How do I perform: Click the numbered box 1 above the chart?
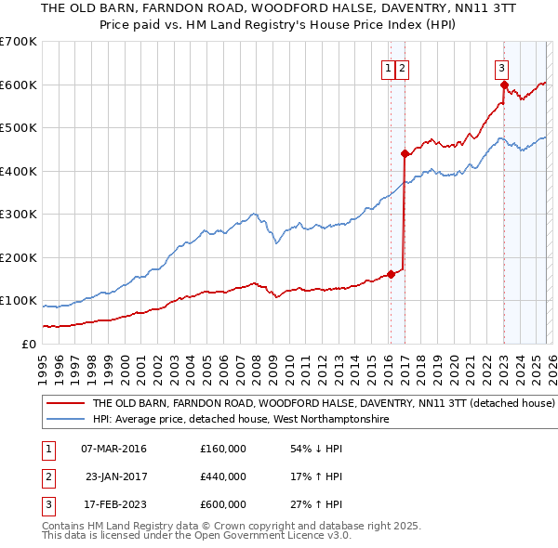pos(387,67)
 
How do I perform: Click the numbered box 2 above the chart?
pos(402,67)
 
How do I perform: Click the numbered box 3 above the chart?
pos(501,67)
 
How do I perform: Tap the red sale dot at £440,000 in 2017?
pos(405,154)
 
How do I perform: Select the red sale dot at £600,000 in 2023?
pos(504,85)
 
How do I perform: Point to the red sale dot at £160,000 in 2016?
pos(391,274)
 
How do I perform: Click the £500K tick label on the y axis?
pos(19,128)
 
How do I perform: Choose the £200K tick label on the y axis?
pos(19,257)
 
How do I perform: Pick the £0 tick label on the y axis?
pos(28,344)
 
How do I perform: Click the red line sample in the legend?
pos(66,404)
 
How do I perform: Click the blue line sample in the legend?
pos(66,420)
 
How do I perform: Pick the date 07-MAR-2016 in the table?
pos(113,449)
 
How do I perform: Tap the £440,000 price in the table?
pos(223,476)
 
